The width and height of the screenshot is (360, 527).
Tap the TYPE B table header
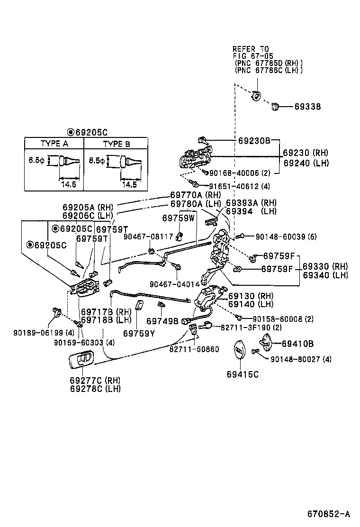point(116,144)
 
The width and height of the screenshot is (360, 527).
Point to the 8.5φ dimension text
point(97,161)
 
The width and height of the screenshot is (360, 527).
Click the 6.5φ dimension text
point(36,161)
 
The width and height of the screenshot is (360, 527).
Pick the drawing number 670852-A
point(328,514)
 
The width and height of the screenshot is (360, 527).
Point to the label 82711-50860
point(194,349)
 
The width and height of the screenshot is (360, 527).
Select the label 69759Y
point(139,333)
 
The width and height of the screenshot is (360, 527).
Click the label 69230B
point(254,141)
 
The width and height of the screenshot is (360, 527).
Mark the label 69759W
point(178,218)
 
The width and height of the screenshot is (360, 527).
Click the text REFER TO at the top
point(250,49)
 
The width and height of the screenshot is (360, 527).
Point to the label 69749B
point(162,321)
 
